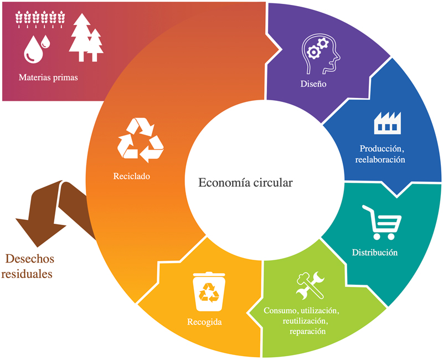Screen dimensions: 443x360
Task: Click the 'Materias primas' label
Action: [48, 78]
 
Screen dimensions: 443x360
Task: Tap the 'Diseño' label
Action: [313, 84]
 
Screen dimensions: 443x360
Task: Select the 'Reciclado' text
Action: [131, 176]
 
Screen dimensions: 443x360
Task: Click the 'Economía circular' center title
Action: [245, 183]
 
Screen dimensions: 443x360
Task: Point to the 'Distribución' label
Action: [375, 253]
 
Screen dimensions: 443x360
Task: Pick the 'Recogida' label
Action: [204, 322]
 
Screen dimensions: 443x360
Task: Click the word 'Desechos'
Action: [30, 259]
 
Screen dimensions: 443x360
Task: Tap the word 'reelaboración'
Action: [380, 160]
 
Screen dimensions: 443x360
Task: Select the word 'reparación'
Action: [307, 331]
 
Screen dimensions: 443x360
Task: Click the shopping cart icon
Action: [382, 223]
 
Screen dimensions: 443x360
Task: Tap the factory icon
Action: [387, 122]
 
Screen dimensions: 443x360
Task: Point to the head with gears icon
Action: [321, 53]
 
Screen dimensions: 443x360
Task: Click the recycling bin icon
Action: [209, 291]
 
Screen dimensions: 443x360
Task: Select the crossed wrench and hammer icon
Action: [310, 285]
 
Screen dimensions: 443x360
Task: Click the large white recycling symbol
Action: [141, 140]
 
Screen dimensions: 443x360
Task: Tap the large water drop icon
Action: [33, 49]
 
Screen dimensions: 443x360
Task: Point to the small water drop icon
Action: [45, 42]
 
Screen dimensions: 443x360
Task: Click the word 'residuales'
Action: [27, 274]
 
